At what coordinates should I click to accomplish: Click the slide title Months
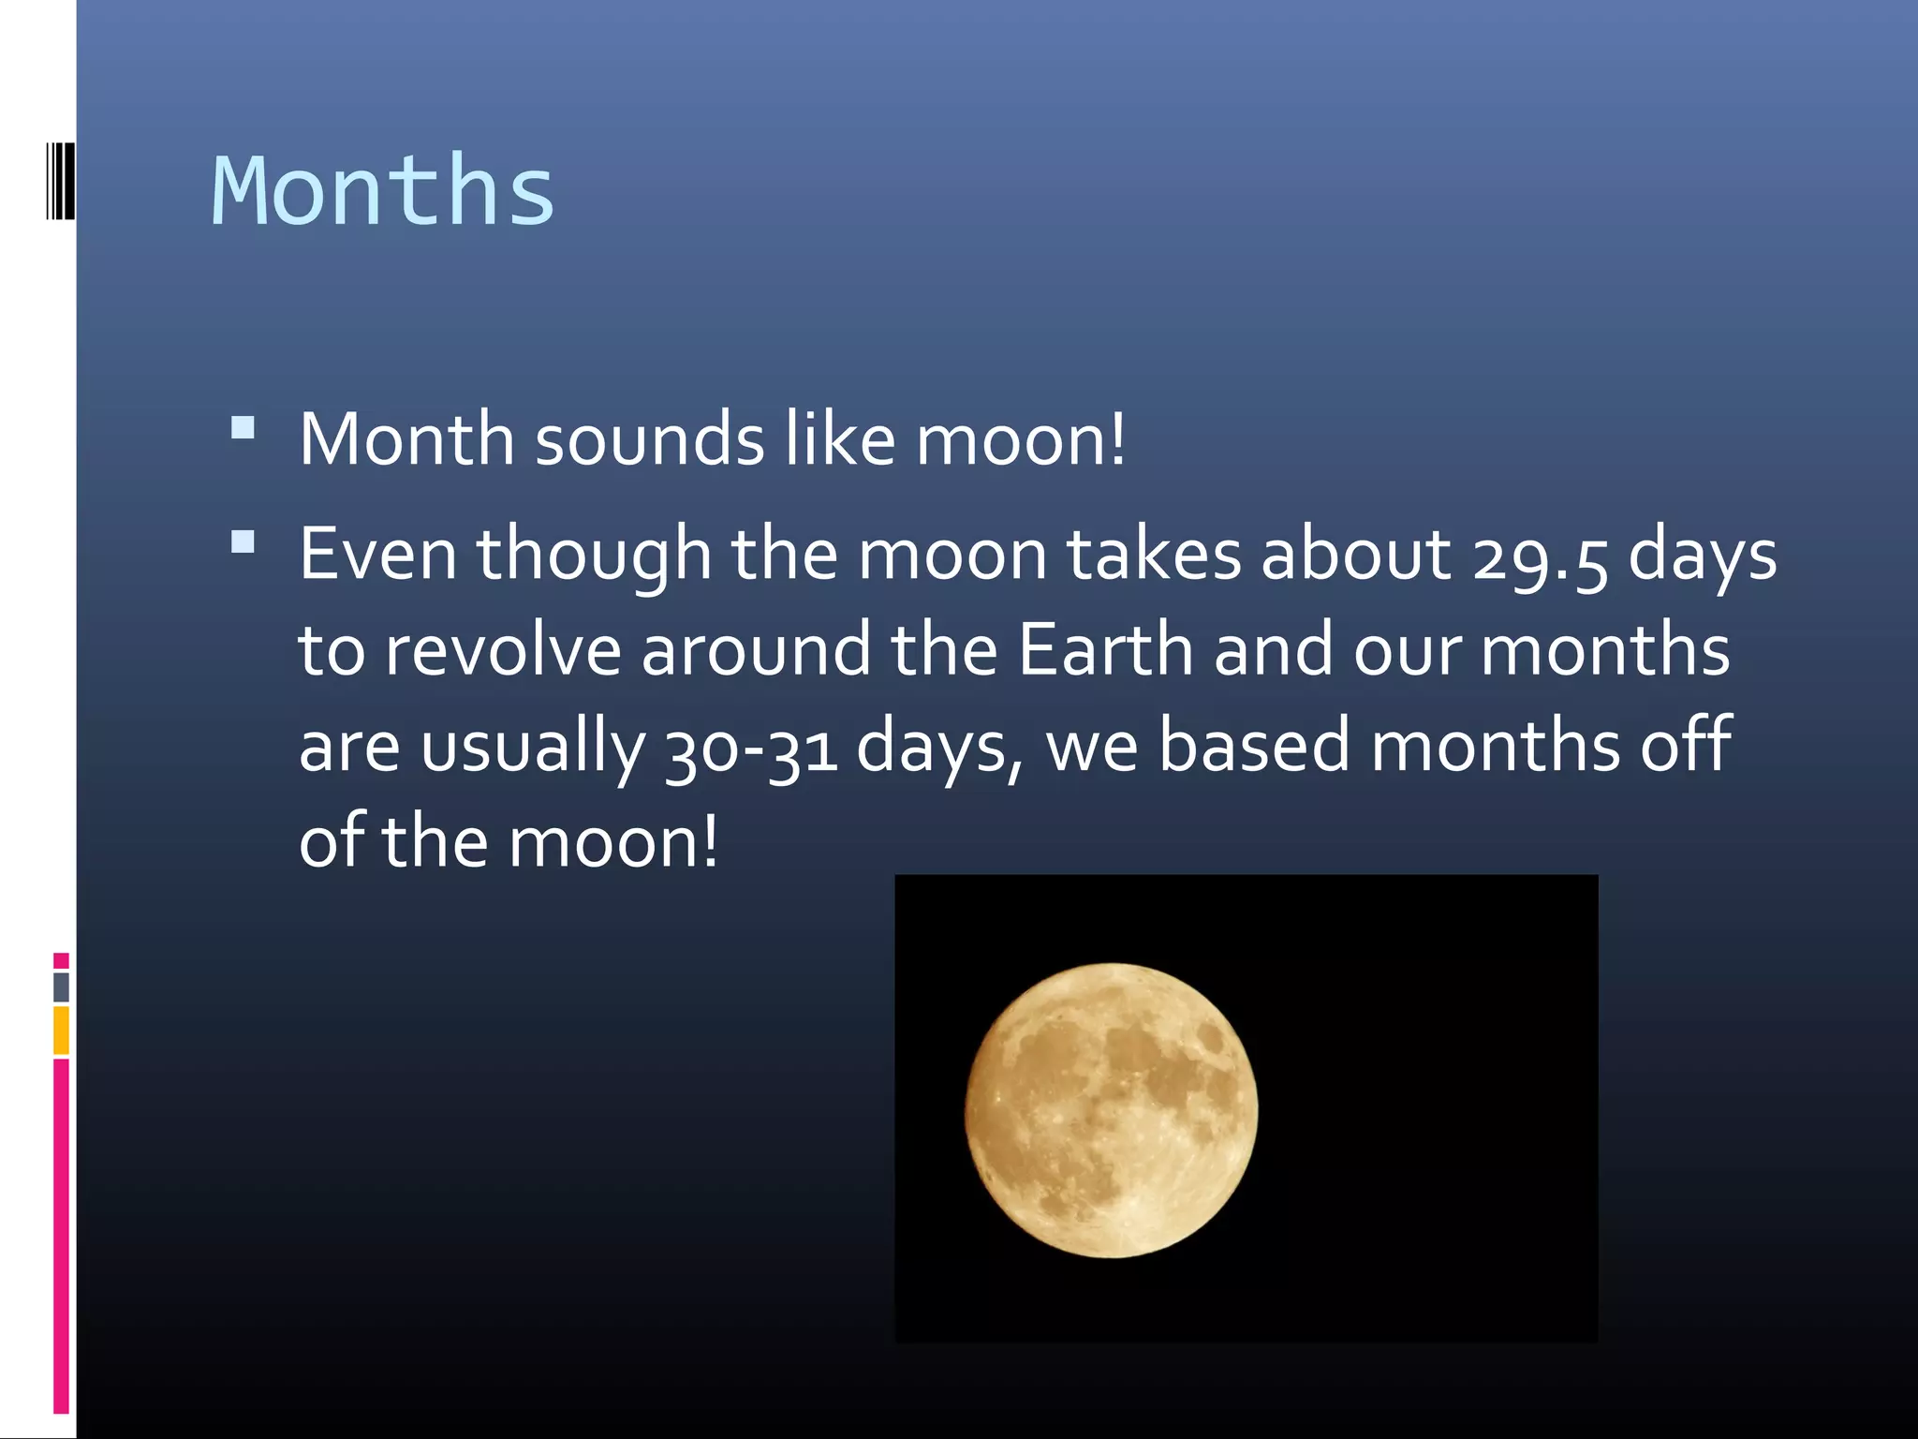[383, 191]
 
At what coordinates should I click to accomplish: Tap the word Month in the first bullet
[406, 439]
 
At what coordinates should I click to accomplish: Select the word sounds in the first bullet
[649, 439]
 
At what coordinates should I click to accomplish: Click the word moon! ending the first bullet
[1021, 439]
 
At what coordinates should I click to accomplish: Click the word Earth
[1105, 650]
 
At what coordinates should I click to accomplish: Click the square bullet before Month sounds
[243, 429]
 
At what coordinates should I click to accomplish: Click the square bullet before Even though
[243, 543]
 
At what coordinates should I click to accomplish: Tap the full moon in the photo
[1112, 1110]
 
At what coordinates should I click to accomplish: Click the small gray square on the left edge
[61, 987]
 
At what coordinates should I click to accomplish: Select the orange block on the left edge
[61, 1030]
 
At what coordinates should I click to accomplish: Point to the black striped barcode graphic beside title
[60, 180]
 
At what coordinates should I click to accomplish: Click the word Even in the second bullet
[377, 555]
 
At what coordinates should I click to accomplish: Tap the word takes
[1154, 555]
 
